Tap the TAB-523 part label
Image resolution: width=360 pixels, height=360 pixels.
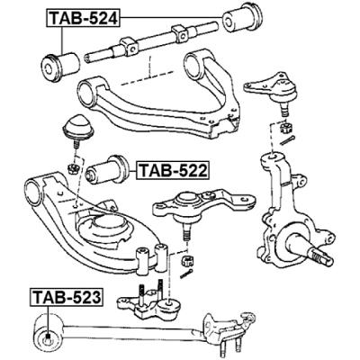click(x=65, y=295)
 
